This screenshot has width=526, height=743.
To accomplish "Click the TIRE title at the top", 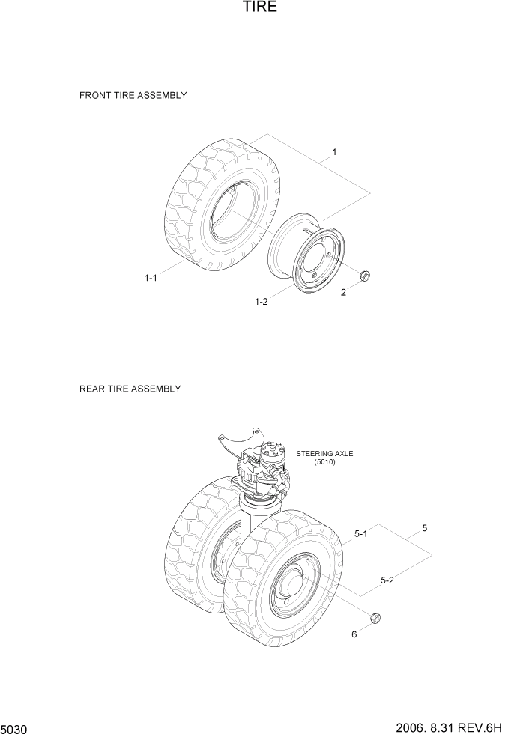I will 260,8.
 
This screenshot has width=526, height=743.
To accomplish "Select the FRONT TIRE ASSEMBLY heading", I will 133,96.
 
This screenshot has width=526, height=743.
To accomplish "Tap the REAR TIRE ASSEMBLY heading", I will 130,389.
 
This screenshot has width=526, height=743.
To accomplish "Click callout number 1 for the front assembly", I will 334,152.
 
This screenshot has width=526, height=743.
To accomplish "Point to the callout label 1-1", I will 151,278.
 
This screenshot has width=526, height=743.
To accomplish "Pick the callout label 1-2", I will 262,301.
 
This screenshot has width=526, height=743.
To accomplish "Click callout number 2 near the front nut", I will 344,293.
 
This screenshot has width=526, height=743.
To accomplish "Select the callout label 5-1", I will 360,534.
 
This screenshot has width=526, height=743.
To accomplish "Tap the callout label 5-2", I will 387,579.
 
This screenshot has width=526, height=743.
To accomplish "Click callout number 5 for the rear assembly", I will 424,528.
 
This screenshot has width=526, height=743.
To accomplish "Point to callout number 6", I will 354,635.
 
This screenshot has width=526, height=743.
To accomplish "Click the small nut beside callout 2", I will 365,275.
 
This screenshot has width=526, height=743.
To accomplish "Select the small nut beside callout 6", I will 376,617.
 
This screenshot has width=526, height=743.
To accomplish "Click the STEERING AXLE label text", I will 325,454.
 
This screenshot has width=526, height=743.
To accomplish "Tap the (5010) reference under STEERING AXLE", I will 325,462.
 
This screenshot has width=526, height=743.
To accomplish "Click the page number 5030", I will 16,729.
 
